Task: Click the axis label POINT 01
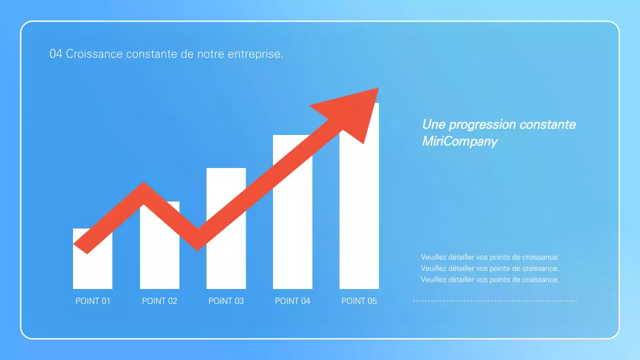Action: click(92, 301)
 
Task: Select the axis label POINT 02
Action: click(159, 301)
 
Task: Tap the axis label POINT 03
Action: click(226, 301)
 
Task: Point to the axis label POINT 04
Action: click(292, 301)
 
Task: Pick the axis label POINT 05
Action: click(359, 301)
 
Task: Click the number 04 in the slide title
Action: click(55, 54)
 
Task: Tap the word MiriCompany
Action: click(459, 141)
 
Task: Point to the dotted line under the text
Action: click(494, 301)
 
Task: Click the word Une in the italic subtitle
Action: click(433, 124)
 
